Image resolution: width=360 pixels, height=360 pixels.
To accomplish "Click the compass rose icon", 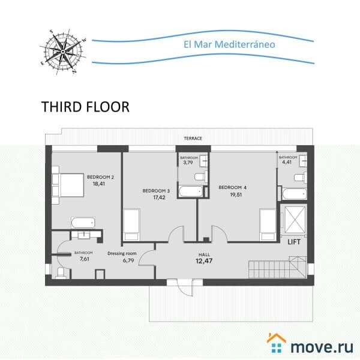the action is click(x=62, y=52).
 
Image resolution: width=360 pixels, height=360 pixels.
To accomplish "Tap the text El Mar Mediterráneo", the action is click(x=229, y=44).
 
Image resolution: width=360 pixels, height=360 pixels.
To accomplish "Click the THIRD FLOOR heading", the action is click(x=85, y=107).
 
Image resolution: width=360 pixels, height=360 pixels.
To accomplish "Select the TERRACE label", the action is click(x=193, y=139).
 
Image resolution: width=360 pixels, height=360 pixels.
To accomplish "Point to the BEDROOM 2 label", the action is click(x=100, y=177).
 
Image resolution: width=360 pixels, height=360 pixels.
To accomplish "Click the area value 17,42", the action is click(x=159, y=197).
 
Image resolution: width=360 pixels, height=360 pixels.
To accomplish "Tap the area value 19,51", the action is click(x=236, y=194).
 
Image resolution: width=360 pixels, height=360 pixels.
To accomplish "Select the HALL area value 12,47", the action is click(x=204, y=261).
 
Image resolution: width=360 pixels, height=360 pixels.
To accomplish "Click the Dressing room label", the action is click(x=122, y=253).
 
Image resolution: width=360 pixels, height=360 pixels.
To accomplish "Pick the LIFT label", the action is click(x=294, y=242).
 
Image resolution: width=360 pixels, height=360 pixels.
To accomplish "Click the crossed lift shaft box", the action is click(x=295, y=220).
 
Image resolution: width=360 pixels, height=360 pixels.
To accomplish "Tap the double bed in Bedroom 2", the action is click(x=68, y=185).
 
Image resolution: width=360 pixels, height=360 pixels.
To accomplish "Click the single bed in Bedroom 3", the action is click(x=131, y=225).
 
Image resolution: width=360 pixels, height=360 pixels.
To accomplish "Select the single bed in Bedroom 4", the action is click(x=268, y=225).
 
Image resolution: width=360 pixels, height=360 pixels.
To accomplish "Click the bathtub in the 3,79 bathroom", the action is click(x=191, y=192).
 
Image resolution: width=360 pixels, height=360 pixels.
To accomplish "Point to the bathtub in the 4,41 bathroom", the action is click(x=295, y=194).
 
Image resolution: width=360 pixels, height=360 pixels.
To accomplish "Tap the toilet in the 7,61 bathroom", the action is click(x=61, y=273).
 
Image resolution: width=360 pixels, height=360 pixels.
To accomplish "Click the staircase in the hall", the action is click(x=277, y=267).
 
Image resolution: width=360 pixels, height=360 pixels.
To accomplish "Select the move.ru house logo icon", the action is click(x=277, y=343).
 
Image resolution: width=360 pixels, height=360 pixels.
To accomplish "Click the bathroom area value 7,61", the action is click(x=84, y=259).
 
